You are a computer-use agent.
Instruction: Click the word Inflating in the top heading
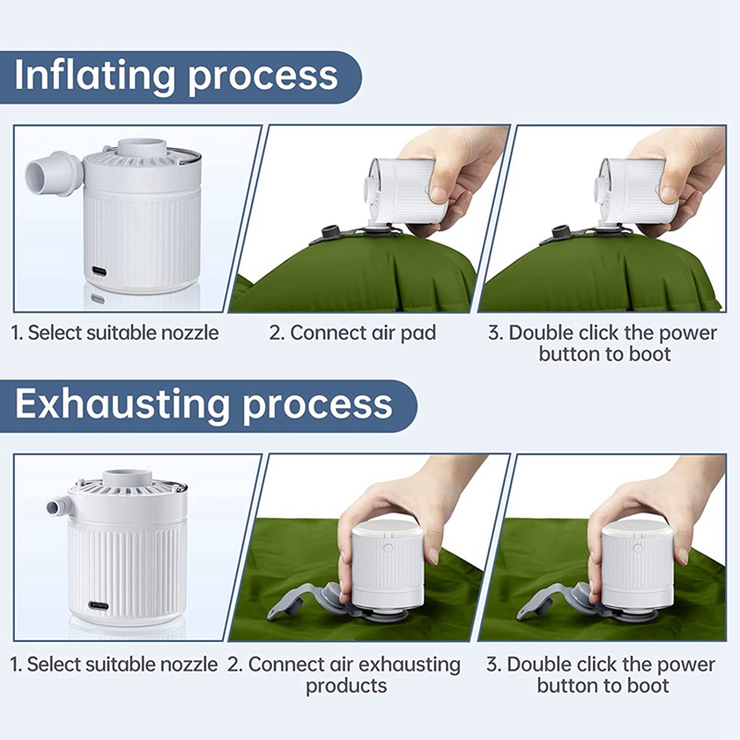(x=95, y=75)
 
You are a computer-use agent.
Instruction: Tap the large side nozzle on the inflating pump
(x=53, y=175)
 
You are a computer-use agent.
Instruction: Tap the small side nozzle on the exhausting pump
(x=58, y=505)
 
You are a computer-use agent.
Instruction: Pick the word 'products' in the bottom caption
(x=346, y=685)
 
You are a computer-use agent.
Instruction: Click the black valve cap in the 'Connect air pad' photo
(x=327, y=234)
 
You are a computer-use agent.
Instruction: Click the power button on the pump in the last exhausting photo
(x=638, y=549)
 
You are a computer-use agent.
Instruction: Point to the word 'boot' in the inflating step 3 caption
(x=649, y=354)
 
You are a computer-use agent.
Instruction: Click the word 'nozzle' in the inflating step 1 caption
(x=191, y=333)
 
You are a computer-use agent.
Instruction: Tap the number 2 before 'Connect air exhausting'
(x=234, y=665)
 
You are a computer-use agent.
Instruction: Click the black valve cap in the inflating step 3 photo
(x=561, y=233)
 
